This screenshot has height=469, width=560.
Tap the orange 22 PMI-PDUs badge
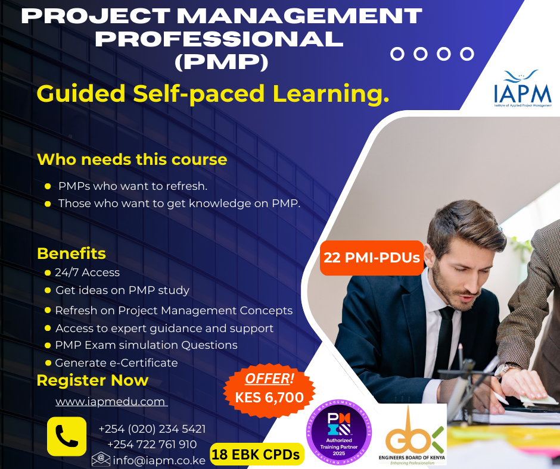tap(372, 258)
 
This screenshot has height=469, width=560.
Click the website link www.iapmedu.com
tap(111, 402)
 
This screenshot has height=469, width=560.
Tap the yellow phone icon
tap(67, 436)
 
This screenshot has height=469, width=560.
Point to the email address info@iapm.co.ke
tap(160, 460)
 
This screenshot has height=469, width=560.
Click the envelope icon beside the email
tap(101, 459)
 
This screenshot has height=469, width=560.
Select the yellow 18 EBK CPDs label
tap(257, 455)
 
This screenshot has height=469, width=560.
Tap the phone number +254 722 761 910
tap(152, 444)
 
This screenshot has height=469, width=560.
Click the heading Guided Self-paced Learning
tap(213, 93)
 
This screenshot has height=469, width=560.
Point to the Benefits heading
tap(71, 253)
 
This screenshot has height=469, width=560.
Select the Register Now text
tap(92, 380)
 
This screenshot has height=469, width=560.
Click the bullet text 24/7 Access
tap(87, 273)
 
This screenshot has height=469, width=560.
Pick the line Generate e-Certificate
tap(116, 362)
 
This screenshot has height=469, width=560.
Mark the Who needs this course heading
tap(132, 160)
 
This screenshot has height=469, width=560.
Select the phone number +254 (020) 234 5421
tap(152, 429)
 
